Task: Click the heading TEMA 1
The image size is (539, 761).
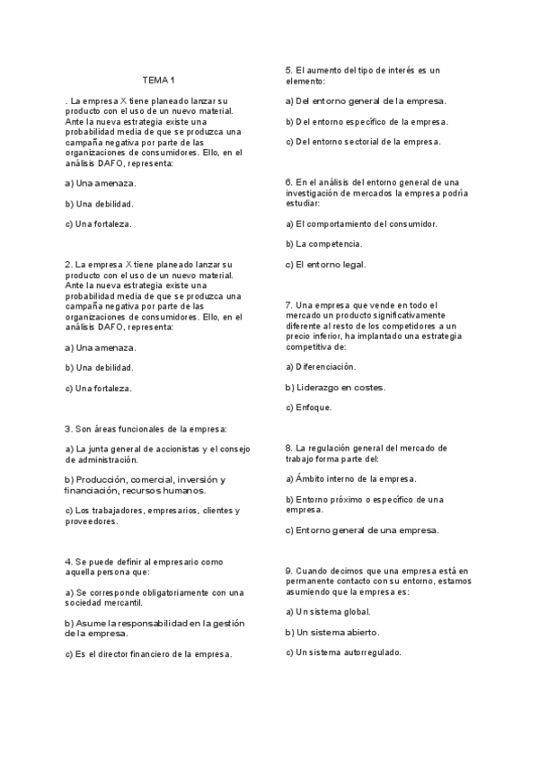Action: (x=160, y=80)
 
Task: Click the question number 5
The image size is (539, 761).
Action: (x=288, y=70)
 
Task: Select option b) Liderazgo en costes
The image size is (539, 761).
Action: (x=336, y=387)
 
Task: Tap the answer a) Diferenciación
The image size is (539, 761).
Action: (x=321, y=366)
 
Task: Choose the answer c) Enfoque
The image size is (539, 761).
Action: (x=308, y=407)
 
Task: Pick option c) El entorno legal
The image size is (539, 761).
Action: (x=325, y=264)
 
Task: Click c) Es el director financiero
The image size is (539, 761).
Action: (x=149, y=653)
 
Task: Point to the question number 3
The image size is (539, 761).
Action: (x=68, y=429)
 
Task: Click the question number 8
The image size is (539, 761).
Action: (x=288, y=447)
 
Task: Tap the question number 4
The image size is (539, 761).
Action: (x=68, y=562)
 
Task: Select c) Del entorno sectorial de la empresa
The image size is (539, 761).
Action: (x=363, y=142)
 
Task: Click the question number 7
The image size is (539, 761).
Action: (x=288, y=304)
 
